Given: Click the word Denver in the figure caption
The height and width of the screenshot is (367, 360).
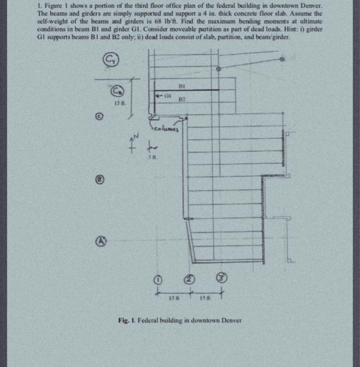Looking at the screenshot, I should [227, 320].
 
